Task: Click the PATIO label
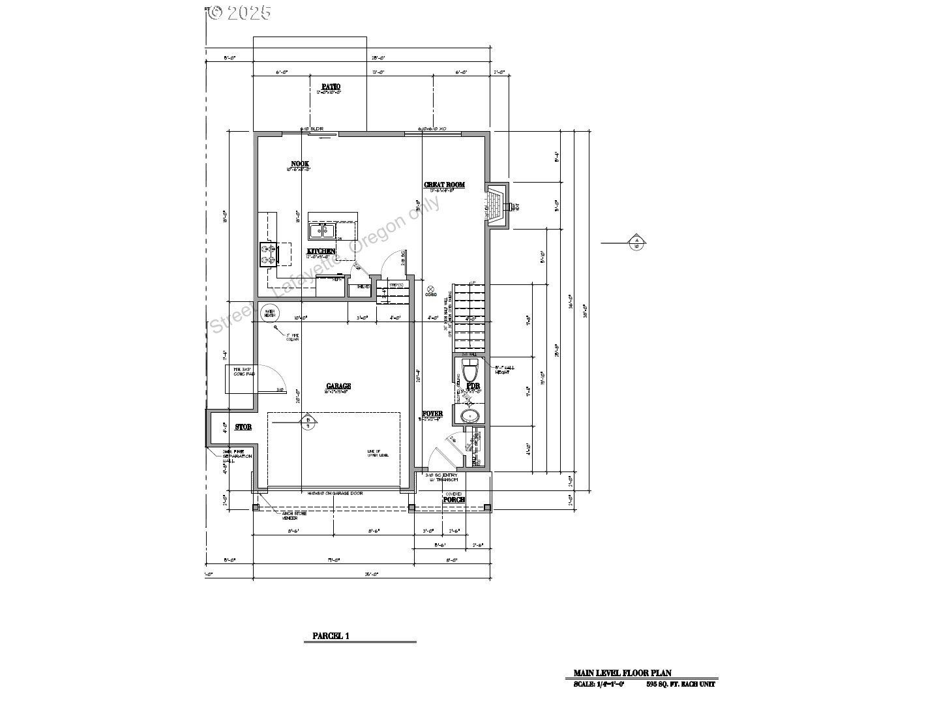[x=331, y=87]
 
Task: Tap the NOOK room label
[x=300, y=164]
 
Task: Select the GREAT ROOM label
[x=444, y=185]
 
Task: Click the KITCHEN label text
[x=321, y=251]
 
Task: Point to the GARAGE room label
[x=338, y=386]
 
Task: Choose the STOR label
[x=243, y=427]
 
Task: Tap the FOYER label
[x=432, y=414]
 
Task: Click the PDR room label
[x=473, y=386]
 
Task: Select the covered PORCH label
[x=454, y=500]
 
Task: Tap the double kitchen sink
[x=322, y=230]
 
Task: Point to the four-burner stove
[x=268, y=254]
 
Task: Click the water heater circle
[x=268, y=312]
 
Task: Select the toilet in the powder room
[x=469, y=370]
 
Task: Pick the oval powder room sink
[x=468, y=417]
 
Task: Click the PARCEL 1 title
[x=331, y=636]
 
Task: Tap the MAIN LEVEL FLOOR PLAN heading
[x=622, y=673]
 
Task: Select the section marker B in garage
[x=308, y=422]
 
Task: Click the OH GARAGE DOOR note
[x=335, y=494]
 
